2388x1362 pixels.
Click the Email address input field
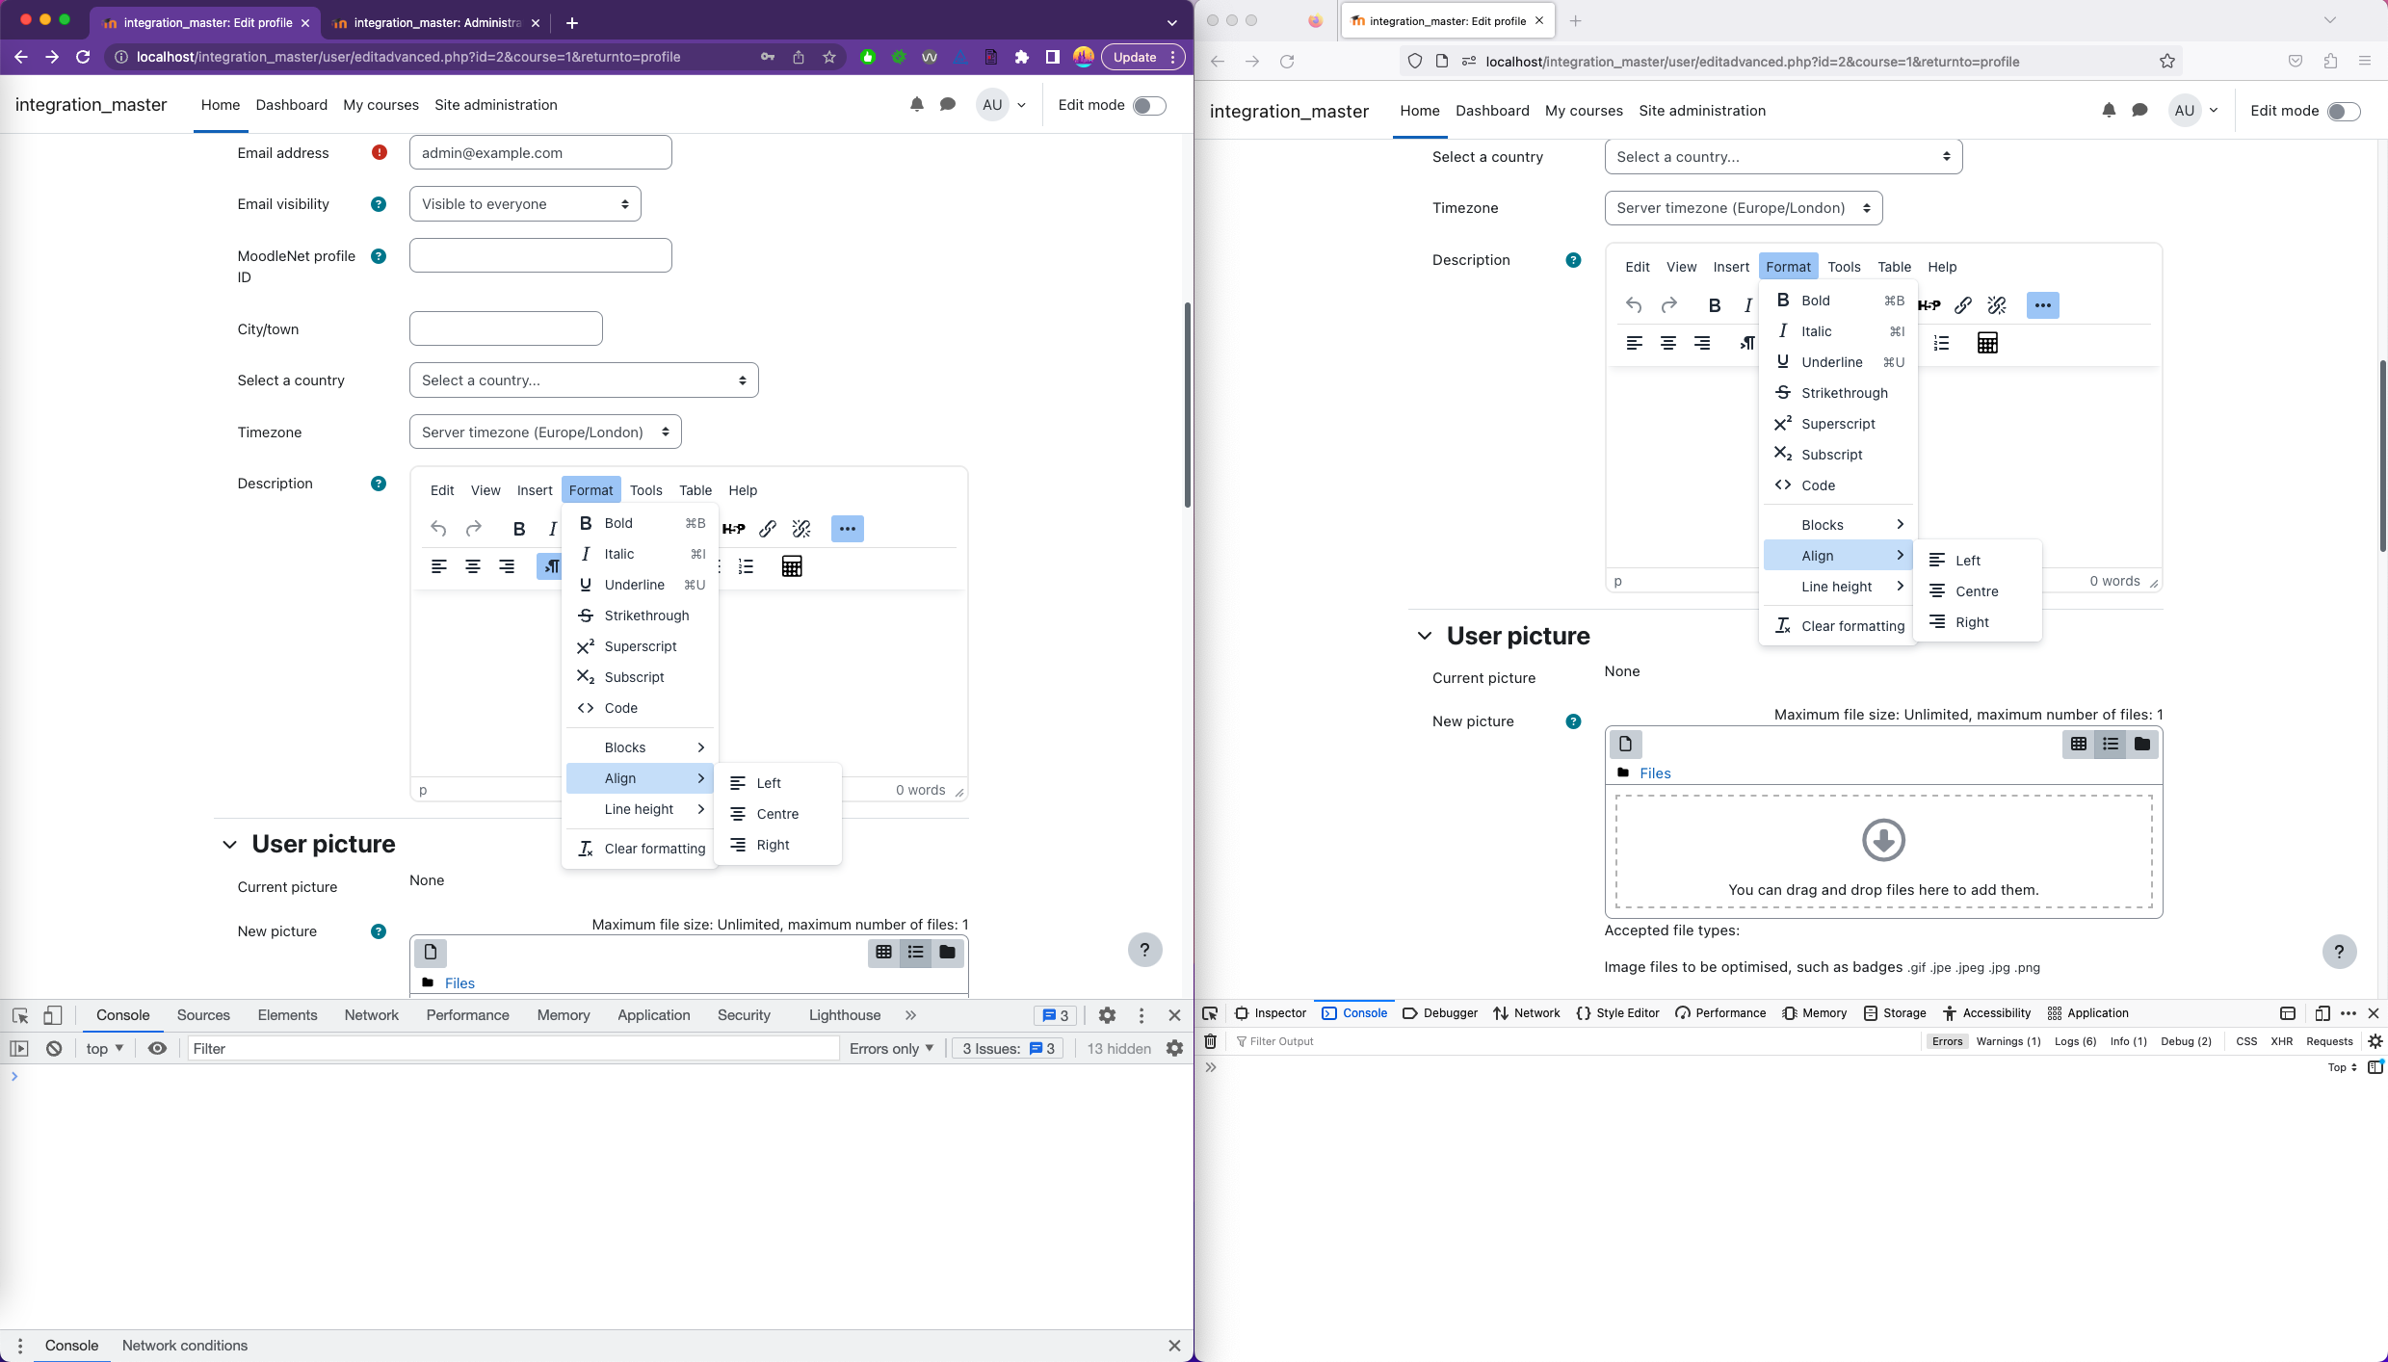pos(540,152)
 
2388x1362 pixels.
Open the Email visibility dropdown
pos(525,204)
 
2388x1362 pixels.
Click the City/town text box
pos(506,328)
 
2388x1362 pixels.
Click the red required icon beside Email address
pos(380,152)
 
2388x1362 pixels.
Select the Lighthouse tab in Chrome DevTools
pos(844,1015)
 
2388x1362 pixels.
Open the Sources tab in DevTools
pos(203,1015)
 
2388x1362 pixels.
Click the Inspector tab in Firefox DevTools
pos(1271,1013)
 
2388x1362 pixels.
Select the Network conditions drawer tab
pos(185,1346)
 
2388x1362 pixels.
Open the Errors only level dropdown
pos(891,1049)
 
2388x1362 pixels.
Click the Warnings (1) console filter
pos(2008,1041)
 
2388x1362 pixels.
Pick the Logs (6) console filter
pos(2075,1041)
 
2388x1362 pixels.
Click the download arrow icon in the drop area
pos(1883,840)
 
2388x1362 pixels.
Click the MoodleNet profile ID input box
pos(540,255)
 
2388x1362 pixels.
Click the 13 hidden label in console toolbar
pos(1118,1049)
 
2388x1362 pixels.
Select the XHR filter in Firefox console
pos(2281,1041)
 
